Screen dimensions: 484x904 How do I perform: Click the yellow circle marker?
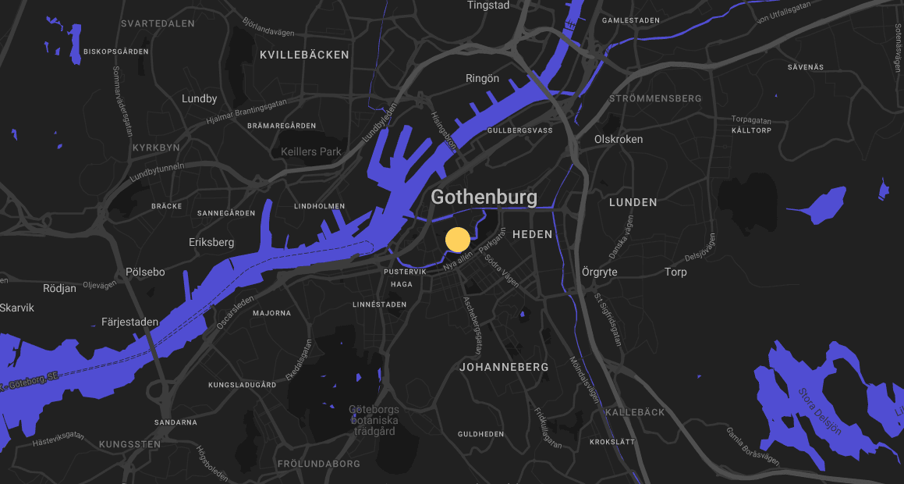457,240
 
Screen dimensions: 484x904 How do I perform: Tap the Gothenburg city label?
484,197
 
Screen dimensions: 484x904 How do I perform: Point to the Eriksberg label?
211,242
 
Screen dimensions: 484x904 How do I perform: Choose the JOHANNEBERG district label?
504,366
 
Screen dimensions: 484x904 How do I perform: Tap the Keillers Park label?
311,151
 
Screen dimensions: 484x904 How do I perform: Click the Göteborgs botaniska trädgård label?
374,420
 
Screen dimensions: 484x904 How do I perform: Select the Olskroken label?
619,139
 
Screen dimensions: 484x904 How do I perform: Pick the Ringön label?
482,78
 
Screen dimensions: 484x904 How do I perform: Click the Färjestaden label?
129,322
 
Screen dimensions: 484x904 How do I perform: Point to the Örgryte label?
600,272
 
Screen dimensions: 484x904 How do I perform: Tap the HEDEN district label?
532,234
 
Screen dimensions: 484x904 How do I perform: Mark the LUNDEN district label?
633,202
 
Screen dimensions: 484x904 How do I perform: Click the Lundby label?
199,99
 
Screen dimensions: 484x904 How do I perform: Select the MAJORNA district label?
271,313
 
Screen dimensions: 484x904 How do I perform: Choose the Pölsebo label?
145,272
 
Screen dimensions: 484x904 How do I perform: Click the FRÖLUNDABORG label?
319,464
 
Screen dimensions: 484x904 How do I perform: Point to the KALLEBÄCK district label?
635,411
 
